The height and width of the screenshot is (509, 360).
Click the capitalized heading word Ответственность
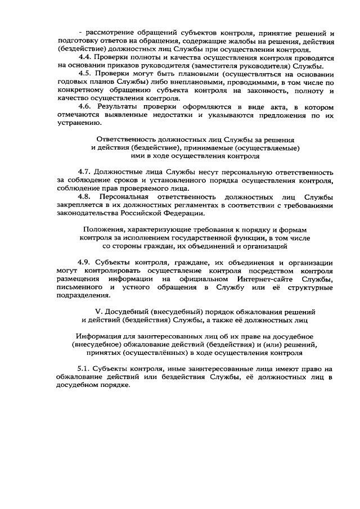[124, 138]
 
